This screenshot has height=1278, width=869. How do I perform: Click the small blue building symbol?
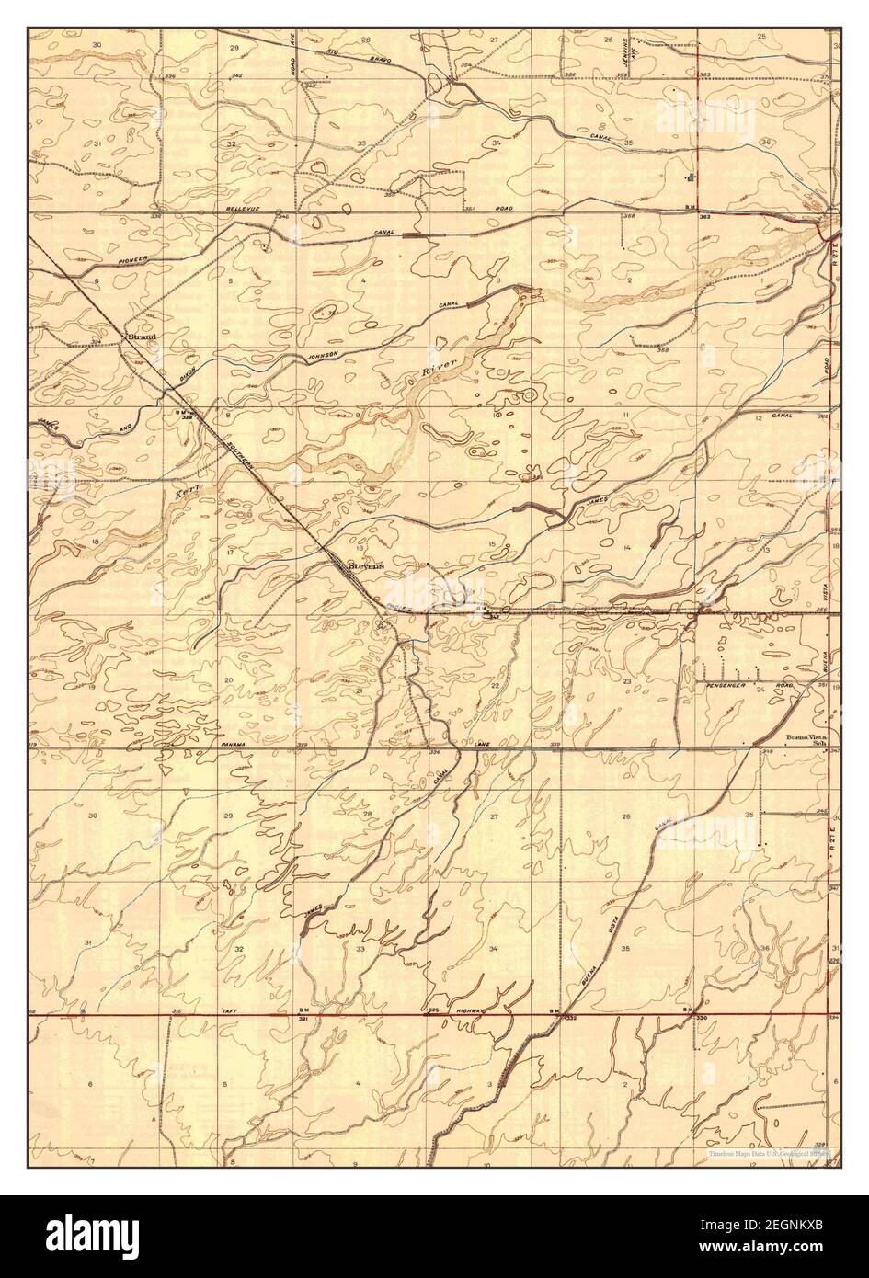click(x=691, y=177)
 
